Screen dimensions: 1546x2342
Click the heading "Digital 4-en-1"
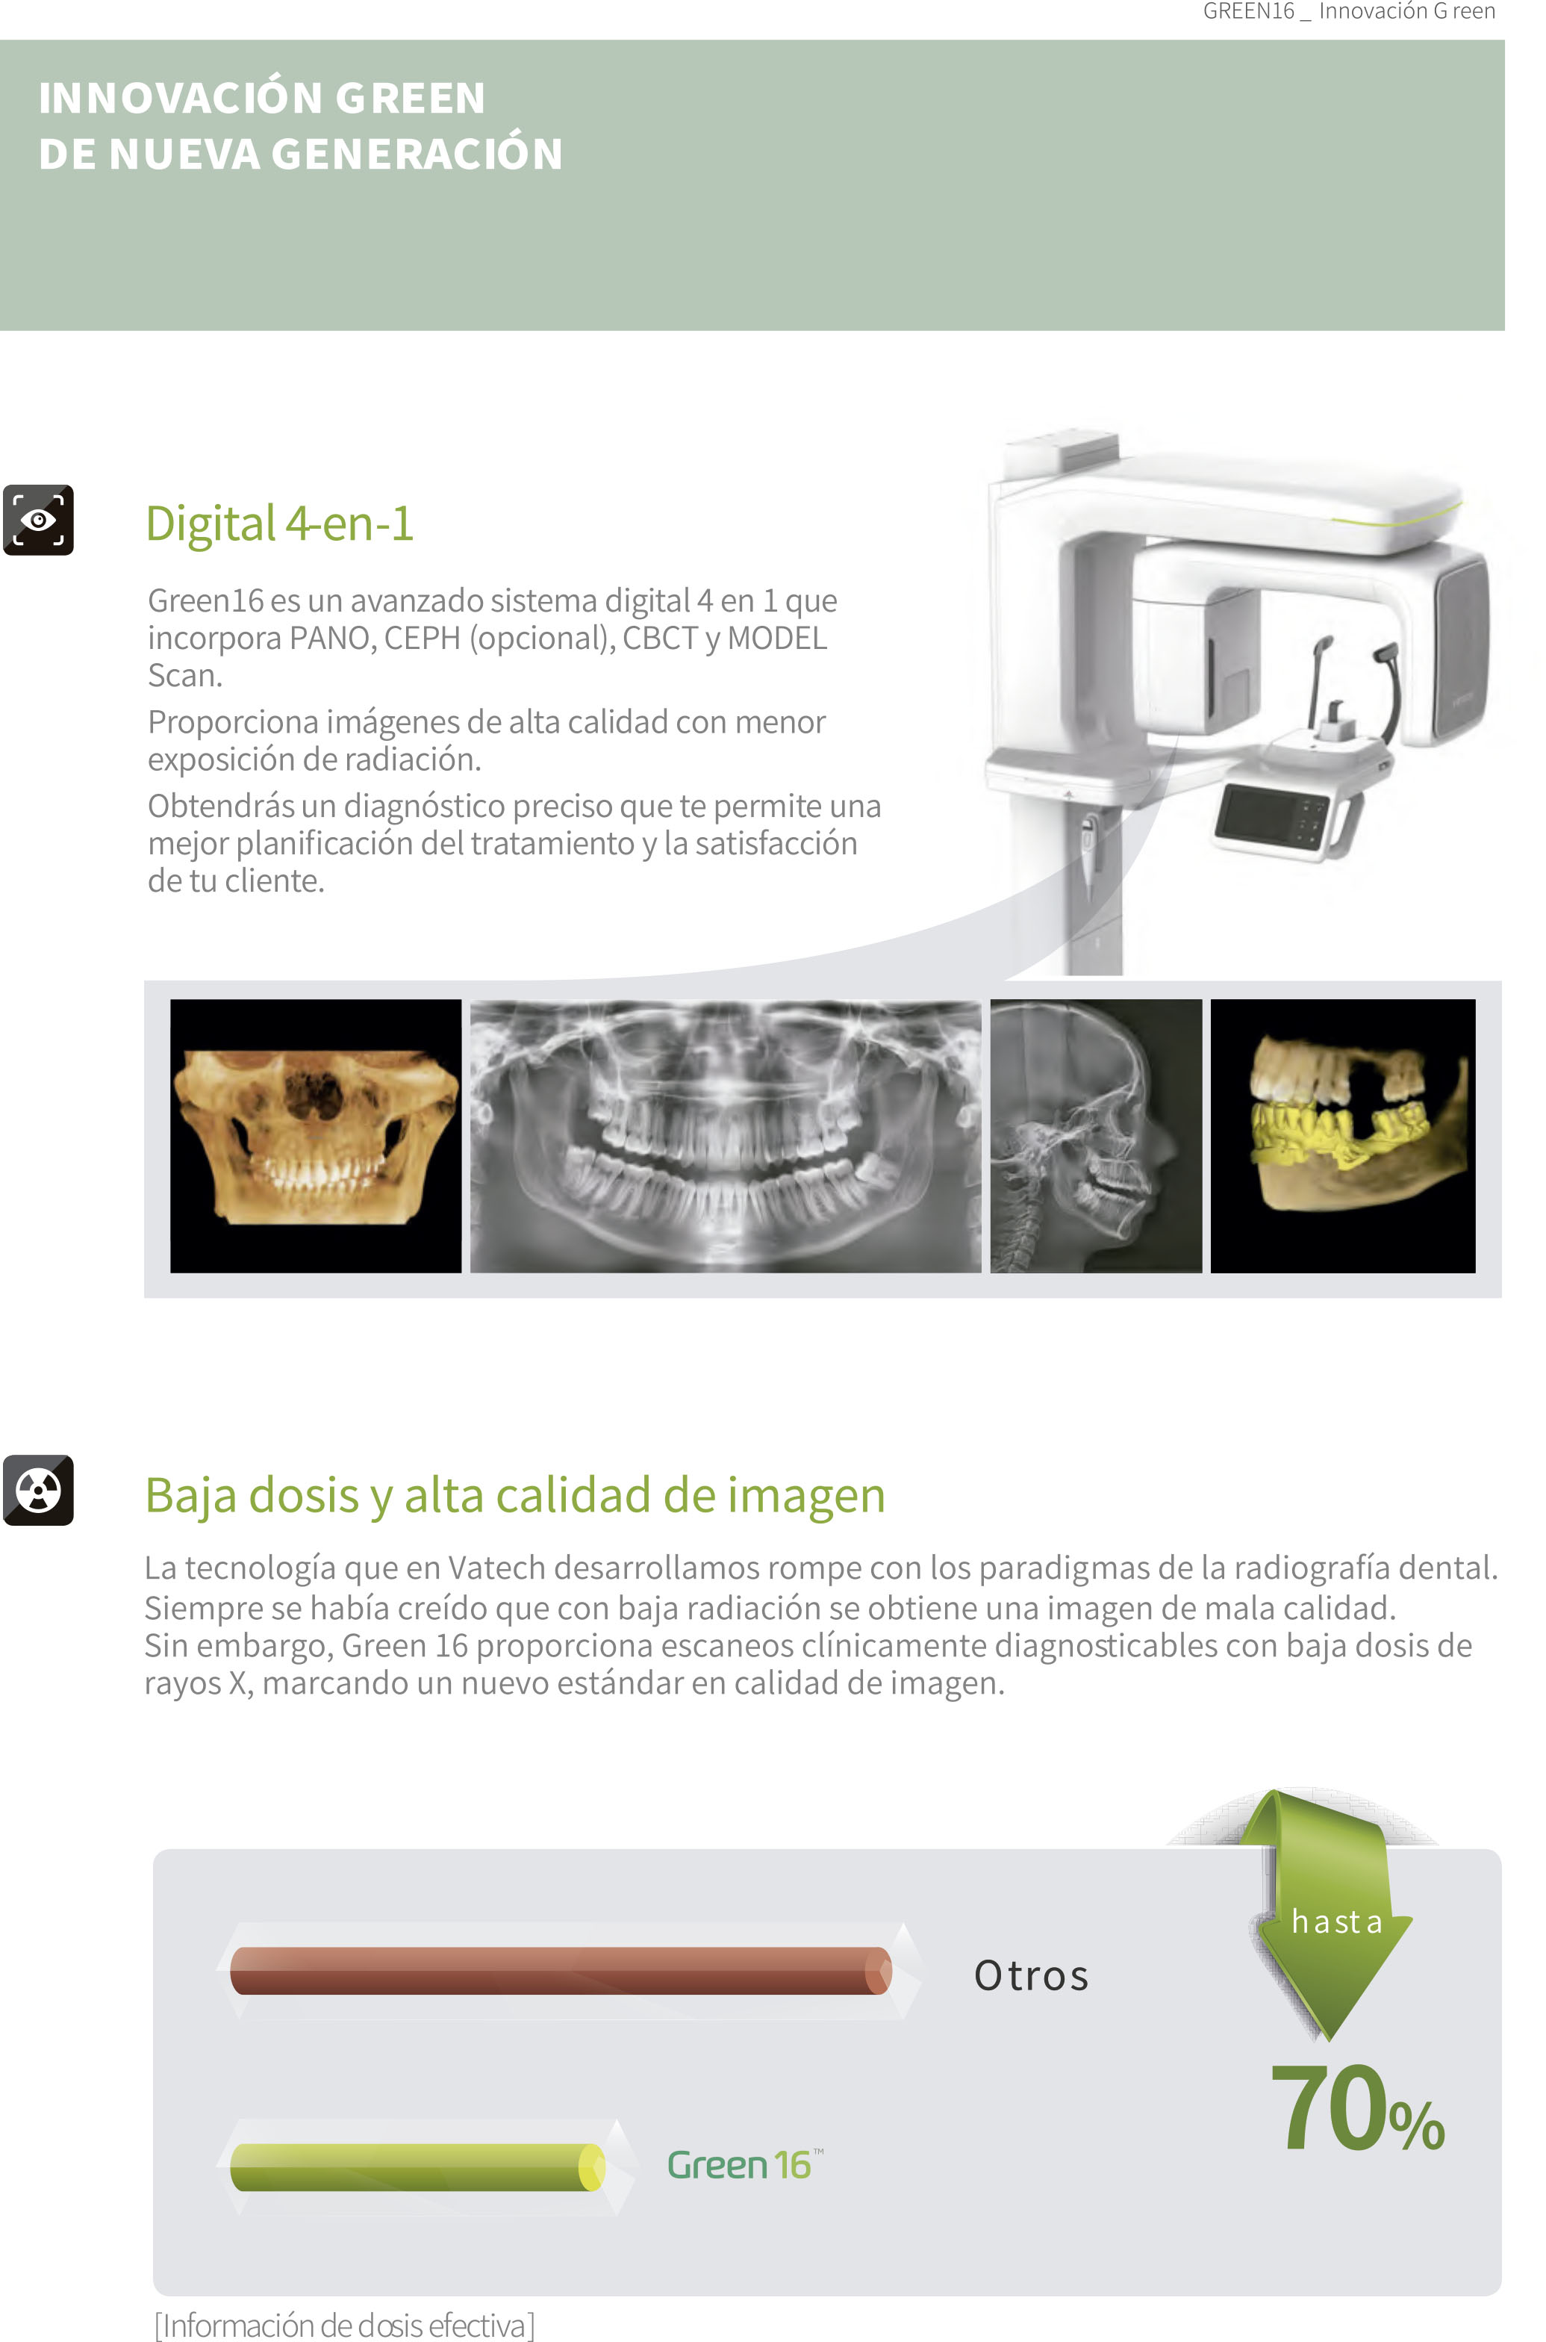point(279,523)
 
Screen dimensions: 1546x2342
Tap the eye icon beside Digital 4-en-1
point(39,520)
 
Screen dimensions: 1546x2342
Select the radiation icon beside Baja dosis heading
point(39,1490)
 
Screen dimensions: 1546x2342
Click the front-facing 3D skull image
point(316,1136)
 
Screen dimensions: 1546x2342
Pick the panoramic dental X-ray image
point(726,1136)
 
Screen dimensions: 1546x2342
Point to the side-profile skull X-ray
point(1097,1136)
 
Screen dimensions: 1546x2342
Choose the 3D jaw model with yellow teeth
point(1343,1136)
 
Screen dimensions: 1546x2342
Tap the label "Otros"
point(1032,1975)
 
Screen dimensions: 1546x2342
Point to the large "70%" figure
point(1358,2108)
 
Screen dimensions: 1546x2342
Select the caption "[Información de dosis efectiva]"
point(345,2326)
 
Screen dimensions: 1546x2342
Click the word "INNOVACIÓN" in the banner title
point(181,98)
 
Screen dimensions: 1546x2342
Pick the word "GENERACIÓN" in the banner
point(417,154)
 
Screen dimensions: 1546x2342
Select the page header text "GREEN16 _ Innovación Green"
point(1349,11)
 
